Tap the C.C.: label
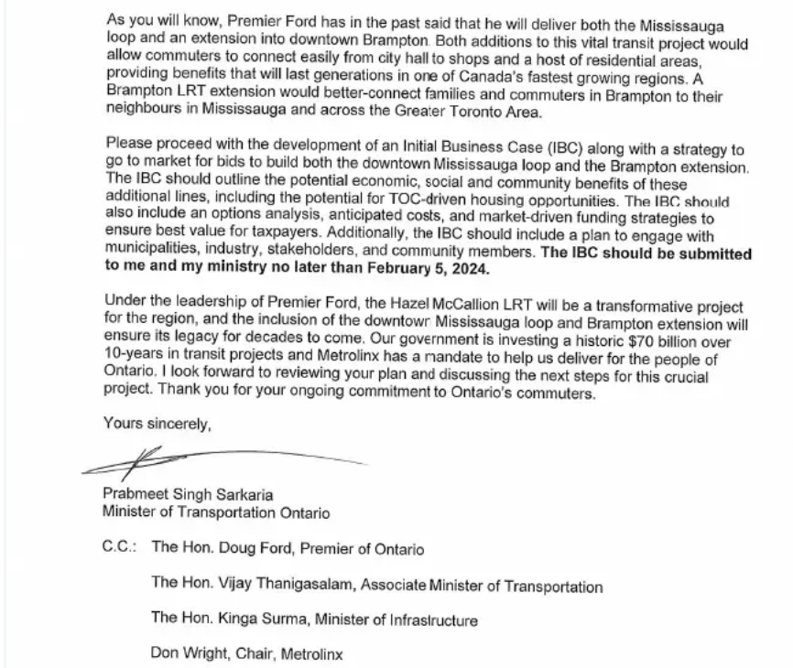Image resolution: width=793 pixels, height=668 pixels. (x=121, y=549)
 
